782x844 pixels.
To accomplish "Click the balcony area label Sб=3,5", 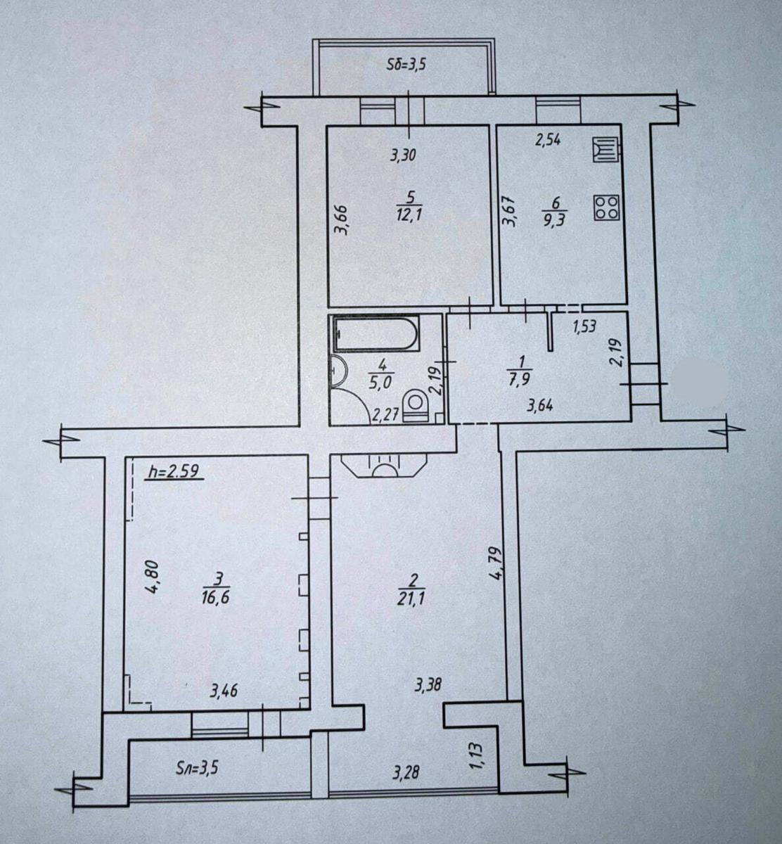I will (407, 65).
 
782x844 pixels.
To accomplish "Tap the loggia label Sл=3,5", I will (195, 767).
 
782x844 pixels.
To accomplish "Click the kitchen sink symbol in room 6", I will (605, 150).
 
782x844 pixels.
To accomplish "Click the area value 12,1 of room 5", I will (408, 214).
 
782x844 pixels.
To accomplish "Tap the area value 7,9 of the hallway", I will (521, 380).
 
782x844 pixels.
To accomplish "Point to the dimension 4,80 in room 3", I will (150, 577).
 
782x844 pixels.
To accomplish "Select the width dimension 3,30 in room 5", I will (404, 155).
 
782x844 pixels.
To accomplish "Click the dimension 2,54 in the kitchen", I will (548, 139).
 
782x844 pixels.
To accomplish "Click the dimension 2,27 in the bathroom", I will (385, 414).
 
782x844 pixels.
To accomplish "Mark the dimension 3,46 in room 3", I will (224, 691).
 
